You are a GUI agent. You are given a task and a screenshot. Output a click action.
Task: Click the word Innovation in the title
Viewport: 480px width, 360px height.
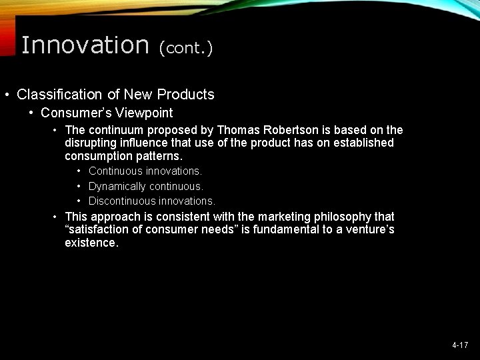[x=85, y=45]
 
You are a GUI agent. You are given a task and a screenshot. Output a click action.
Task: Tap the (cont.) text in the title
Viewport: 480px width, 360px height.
[x=185, y=48]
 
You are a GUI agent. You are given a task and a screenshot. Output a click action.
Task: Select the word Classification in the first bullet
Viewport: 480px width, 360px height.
[x=58, y=95]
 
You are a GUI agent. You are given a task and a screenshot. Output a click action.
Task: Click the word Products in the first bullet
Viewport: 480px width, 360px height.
[x=188, y=95]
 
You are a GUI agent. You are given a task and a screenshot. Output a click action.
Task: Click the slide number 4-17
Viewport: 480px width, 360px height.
[x=460, y=345]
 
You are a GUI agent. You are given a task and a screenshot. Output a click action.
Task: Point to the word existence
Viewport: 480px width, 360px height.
[x=91, y=243]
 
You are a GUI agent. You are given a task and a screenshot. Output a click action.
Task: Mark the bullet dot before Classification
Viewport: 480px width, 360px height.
[x=7, y=95]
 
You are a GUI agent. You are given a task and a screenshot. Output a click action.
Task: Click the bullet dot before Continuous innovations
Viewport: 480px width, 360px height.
[x=79, y=172]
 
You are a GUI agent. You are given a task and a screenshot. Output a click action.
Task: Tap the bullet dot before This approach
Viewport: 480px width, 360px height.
[x=56, y=217]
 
